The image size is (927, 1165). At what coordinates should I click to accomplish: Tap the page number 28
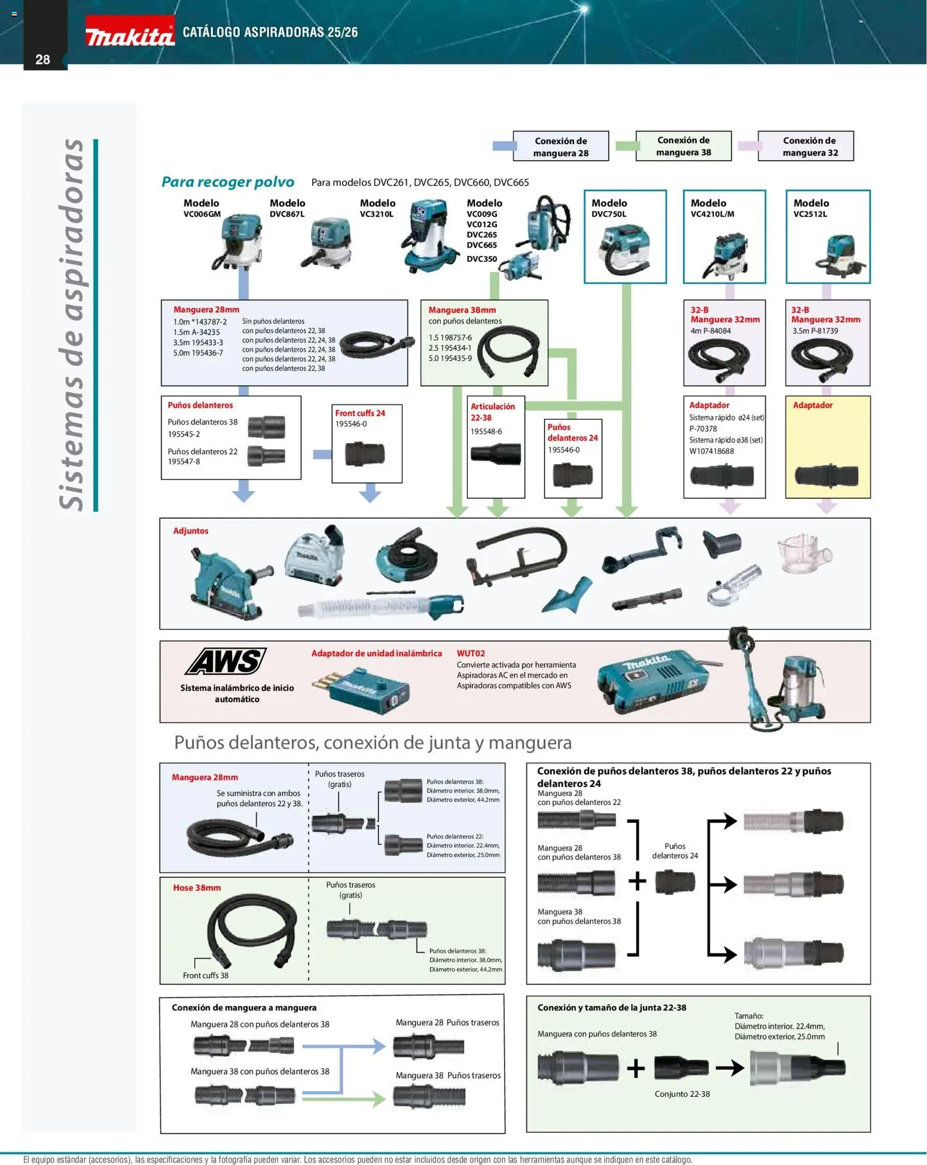pyautogui.click(x=42, y=59)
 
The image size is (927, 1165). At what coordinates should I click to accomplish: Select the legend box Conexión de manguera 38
pyautogui.click(x=683, y=146)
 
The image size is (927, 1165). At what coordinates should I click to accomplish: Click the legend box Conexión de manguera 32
pyautogui.click(x=806, y=147)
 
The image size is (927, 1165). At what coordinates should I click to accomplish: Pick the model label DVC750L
pyautogui.click(x=609, y=214)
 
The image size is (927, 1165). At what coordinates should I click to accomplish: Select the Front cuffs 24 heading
pyautogui.click(x=360, y=413)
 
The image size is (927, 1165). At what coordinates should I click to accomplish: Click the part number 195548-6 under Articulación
pyautogui.click(x=486, y=431)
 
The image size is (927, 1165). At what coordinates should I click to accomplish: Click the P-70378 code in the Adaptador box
pyautogui.click(x=703, y=429)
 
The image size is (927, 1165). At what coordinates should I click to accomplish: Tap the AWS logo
pyautogui.click(x=226, y=661)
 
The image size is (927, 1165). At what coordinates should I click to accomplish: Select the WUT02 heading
pyautogui.click(x=471, y=654)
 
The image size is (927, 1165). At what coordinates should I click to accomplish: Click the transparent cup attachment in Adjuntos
pyautogui.click(x=804, y=553)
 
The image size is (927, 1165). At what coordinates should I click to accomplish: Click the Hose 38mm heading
pyautogui.click(x=197, y=888)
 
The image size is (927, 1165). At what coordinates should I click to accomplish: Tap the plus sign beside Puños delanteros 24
pyautogui.click(x=638, y=880)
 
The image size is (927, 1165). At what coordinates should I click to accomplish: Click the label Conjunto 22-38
pyautogui.click(x=682, y=1094)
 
